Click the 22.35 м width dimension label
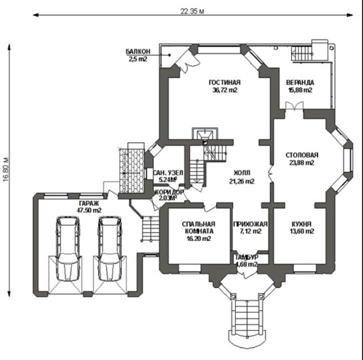[192, 11]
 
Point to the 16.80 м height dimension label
[7, 170]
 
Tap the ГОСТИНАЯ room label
[224, 83]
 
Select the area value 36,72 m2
[225, 90]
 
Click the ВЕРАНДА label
[300, 83]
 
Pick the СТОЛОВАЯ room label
[302, 155]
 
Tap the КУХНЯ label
[301, 224]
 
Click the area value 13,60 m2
[302, 232]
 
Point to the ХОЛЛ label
[242, 173]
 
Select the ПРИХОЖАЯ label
[250, 224]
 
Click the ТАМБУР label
[247, 257]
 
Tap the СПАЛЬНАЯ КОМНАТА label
[199, 228]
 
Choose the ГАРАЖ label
[89, 203]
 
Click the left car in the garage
[68, 249]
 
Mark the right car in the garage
[110, 249]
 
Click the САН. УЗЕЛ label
[168, 173]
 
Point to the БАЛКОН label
[138, 52]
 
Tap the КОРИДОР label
[169, 192]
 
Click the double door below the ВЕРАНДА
[294, 107]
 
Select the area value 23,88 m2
[302, 163]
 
